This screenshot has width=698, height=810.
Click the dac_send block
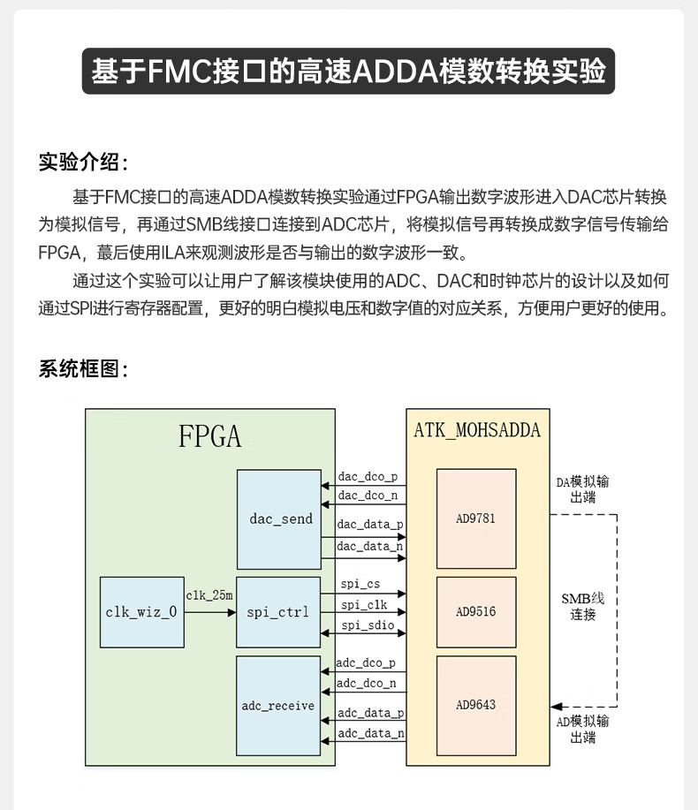tap(279, 519)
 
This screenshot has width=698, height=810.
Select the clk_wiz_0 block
tap(141, 611)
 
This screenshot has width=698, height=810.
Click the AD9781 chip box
tap(476, 519)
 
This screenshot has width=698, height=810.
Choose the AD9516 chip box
tap(476, 611)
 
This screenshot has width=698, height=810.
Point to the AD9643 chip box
tap(476, 705)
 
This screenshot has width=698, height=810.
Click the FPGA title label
tap(210, 436)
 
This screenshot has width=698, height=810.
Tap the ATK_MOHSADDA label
tap(477, 431)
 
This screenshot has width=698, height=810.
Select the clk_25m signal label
tap(209, 595)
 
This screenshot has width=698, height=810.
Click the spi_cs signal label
tap(360, 584)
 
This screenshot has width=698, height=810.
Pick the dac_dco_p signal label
tap(368, 476)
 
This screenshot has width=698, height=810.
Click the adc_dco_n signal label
tap(367, 683)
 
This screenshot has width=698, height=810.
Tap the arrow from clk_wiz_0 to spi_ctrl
tap(209, 611)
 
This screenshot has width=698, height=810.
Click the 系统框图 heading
tap(83, 369)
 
